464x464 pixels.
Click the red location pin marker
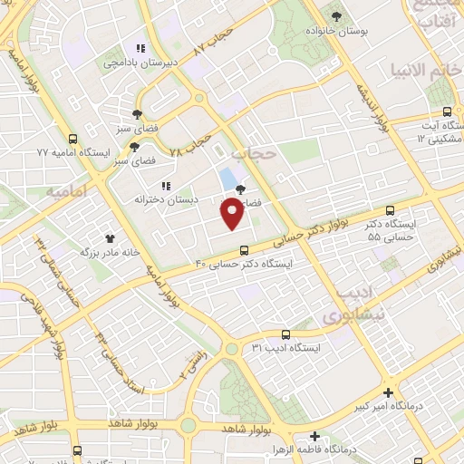click(232, 214)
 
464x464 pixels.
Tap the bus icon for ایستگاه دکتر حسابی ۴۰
click(243, 250)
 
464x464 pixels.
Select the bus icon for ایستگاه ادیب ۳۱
click(285, 334)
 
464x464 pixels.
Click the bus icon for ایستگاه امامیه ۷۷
click(72, 139)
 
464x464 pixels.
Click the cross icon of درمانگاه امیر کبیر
click(388, 393)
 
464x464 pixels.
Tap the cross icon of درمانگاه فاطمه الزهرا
click(314, 436)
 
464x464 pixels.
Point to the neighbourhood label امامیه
click(65, 192)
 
